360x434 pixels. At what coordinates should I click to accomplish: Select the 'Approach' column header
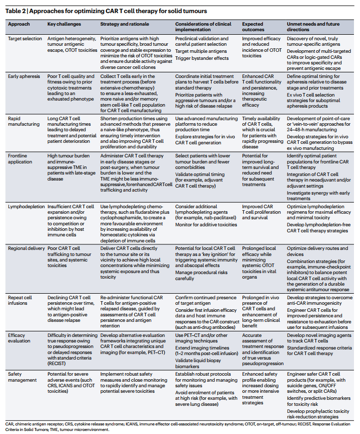click(20, 24)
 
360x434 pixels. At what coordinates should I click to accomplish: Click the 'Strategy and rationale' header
click(123, 24)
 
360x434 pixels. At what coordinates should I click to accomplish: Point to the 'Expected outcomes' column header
click(253, 26)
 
